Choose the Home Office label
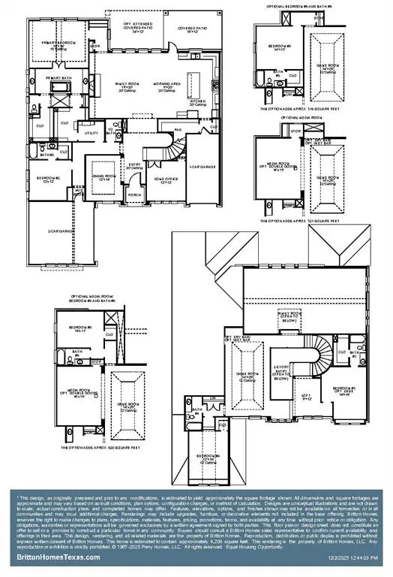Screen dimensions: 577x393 165,179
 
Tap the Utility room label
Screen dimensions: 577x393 93,132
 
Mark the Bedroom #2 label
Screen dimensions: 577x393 48,178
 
